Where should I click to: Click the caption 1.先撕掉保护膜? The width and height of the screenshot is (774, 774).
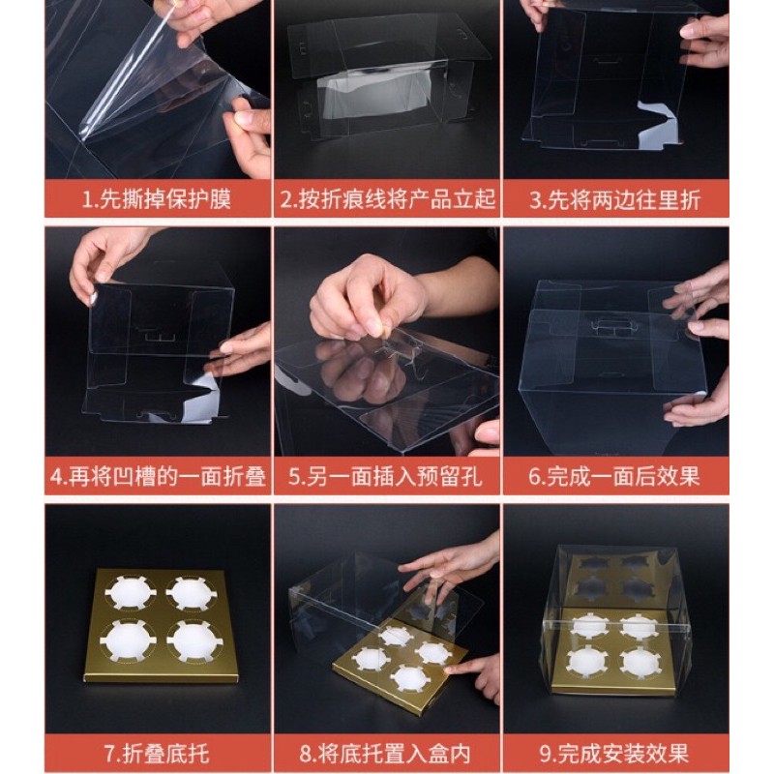click(x=157, y=200)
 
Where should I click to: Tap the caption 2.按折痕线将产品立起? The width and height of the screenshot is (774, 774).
click(x=388, y=200)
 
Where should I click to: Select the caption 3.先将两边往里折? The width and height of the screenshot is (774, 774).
click(x=615, y=200)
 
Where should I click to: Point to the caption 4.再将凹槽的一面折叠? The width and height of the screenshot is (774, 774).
click(x=158, y=477)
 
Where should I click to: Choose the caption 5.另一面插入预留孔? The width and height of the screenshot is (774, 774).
click(x=385, y=477)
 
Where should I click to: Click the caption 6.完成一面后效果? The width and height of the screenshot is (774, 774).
click(x=614, y=477)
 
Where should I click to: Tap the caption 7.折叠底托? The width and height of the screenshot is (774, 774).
click(x=157, y=754)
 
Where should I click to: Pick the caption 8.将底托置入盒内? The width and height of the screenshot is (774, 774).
click(x=385, y=754)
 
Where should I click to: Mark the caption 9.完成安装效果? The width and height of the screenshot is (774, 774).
click(x=614, y=754)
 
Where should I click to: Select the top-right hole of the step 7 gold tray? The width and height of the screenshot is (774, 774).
click(x=190, y=593)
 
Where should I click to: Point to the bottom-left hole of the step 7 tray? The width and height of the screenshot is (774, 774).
click(x=128, y=640)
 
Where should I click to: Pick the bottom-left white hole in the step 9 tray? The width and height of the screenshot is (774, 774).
click(x=587, y=661)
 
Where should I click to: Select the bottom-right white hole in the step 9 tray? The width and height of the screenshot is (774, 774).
click(x=640, y=662)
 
